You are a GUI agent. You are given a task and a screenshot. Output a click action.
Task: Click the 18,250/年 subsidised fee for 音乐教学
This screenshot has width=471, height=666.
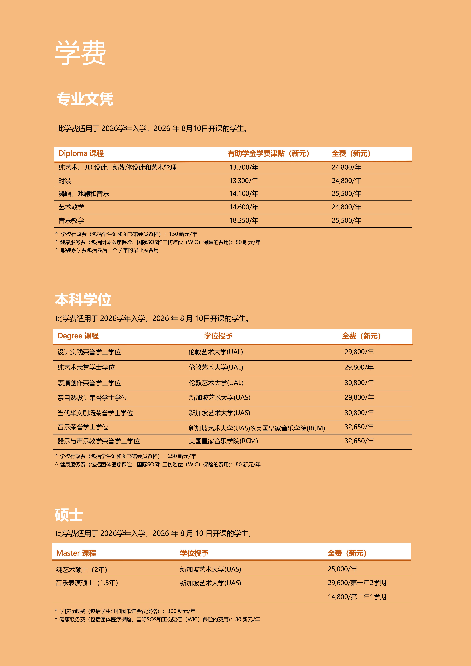click(x=244, y=220)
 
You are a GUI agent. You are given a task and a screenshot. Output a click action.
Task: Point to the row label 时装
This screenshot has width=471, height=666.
click(x=65, y=181)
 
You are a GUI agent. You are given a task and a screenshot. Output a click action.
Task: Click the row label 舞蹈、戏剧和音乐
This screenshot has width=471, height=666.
click(x=84, y=194)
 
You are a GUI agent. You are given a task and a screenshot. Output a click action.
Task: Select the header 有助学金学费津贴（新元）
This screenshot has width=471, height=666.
click(x=268, y=153)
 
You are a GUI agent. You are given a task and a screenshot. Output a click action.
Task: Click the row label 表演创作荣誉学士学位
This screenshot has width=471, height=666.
click(x=89, y=383)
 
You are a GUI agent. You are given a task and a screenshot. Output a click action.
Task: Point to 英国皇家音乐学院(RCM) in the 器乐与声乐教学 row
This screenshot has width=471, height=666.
click(x=223, y=441)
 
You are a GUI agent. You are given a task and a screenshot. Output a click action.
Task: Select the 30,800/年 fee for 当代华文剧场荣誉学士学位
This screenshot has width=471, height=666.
click(x=359, y=413)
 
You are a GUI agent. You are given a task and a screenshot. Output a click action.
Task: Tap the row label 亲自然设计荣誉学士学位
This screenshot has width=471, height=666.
click(x=92, y=398)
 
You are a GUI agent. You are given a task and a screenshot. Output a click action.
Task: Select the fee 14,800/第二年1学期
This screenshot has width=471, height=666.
click(x=357, y=597)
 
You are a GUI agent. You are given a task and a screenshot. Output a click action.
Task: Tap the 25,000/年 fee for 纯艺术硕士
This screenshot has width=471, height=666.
click(x=342, y=569)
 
